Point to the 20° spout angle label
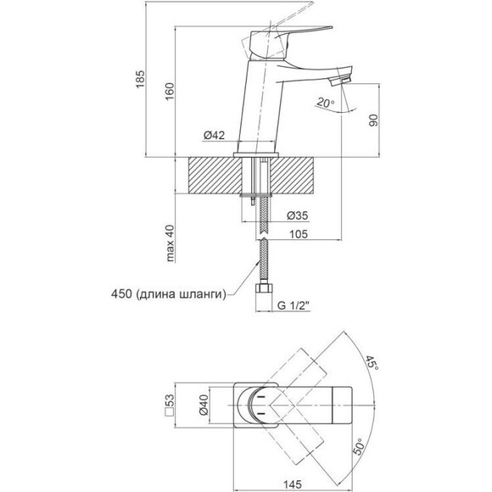326,103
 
